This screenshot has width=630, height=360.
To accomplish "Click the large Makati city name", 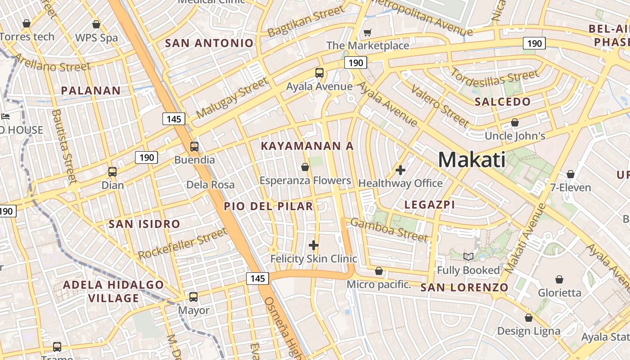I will click(x=472, y=160).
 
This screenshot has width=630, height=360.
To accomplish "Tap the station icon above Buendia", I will click(x=194, y=146).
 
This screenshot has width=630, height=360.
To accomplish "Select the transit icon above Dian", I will click(x=112, y=171).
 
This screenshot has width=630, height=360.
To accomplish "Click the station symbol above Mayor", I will click(x=193, y=297).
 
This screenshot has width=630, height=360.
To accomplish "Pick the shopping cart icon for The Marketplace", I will click(x=367, y=32).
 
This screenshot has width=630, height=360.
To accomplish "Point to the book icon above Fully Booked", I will click(x=468, y=257).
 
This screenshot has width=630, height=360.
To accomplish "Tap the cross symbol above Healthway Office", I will click(x=400, y=170).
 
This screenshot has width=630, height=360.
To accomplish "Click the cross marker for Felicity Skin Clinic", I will click(x=314, y=245).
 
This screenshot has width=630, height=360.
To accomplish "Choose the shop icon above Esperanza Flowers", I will click(x=305, y=167).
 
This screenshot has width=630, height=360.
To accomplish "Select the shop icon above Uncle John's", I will click(x=515, y=122).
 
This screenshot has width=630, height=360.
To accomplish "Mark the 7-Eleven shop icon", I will click(x=571, y=174).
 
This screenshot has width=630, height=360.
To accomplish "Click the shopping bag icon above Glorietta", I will click(x=559, y=279).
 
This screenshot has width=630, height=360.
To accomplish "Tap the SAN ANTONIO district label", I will click(x=209, y=43).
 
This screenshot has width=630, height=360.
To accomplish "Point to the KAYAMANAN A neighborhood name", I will click(x=307, y=146).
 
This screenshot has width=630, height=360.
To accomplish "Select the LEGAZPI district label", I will click(x=429, y=205).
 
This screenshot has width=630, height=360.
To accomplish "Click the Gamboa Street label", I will click(x=389, y=229).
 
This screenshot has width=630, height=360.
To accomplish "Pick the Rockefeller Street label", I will click(x=183, y=243).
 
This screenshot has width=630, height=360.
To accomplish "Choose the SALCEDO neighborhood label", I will click(x=503, y=102).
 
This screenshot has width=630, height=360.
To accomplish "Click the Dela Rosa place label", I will click(x=210, y=184).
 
